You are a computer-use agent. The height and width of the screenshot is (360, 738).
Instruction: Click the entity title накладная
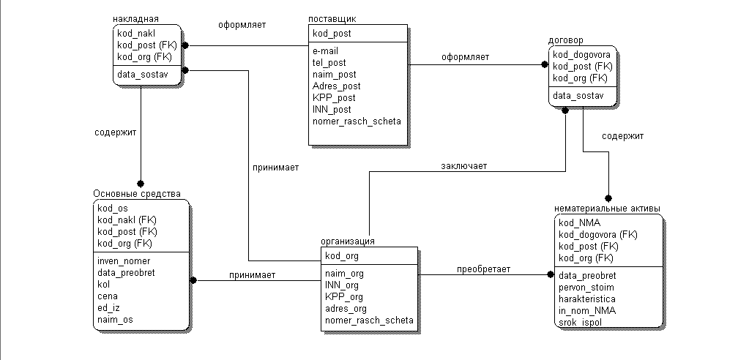pos(136,18)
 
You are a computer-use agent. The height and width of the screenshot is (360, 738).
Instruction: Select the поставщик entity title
pos(333,18)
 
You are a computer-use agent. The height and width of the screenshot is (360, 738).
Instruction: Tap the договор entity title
pos(566,40)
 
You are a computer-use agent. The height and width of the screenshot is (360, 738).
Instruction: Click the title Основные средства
pos(137,193)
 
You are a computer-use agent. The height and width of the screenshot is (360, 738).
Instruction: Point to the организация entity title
pos(348,241)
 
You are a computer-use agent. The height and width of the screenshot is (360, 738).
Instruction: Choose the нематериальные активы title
pos(608,209)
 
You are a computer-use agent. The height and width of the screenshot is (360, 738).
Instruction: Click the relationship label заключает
pos(463,165)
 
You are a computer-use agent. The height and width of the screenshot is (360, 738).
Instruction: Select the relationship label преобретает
pos(484,269)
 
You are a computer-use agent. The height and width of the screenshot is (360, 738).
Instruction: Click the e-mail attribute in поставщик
pos(325,51)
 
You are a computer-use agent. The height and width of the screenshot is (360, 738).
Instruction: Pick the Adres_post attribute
pos(336,86)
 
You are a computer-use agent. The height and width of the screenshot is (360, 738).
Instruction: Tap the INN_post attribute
pos(332,109)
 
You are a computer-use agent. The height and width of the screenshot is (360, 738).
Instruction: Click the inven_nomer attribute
pos(124,260)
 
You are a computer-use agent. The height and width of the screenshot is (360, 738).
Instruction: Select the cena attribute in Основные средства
pos(108,296)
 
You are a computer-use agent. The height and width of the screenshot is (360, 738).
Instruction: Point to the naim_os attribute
pos(116,320)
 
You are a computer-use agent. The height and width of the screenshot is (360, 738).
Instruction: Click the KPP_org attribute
pos(343,296)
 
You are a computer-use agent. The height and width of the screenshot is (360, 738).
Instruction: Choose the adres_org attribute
pos(346,308)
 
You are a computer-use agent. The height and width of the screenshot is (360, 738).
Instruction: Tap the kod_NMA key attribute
pos(580,222)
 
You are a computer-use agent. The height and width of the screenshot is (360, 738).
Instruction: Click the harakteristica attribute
pos(586,299)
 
